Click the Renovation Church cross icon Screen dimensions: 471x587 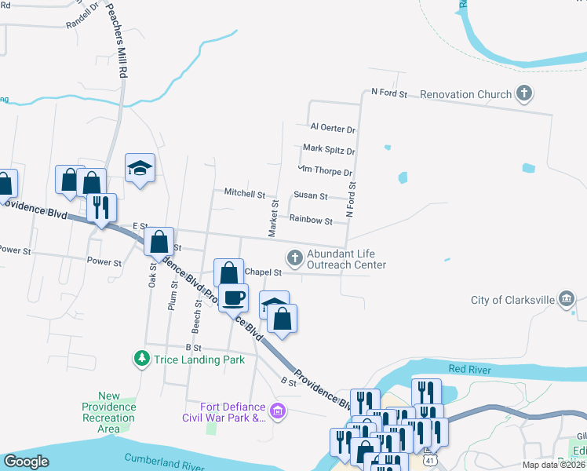pyautogui.click(x=524, y=95)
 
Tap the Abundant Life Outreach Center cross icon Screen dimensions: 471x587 pyautogui.click(x=294, y=257)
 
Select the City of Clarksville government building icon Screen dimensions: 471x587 pyautogui.click(x=567, y=300)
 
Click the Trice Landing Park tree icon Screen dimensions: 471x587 pyautogui.click(x=142, y=360)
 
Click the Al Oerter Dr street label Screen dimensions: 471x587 pyautogui.click(x=333, y=127)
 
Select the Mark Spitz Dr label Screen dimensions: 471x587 pyautogui.click(x=329, y=149)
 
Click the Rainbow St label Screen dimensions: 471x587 pyautogui.click(x=312, y=221)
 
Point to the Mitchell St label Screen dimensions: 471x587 pyautogui.click(x=244, y=192)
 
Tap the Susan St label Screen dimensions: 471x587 pyautogui.click(x=310, y=195)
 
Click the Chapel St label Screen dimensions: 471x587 pyautogui.click(x=263, y=272)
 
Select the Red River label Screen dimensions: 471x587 pyautogui.click(x=469, y=369)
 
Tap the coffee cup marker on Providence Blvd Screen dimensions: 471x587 pyautogui.click(x=233, y=298)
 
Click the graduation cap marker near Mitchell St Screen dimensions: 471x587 pyautogui.click(x=140, y=167)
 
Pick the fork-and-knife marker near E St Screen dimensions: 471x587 pyautogui.click(x=101, y=207)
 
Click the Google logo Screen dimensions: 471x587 pyautogui.click(x=26, y=462)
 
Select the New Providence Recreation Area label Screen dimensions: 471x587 pyautogui.click(x=109, y=412)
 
